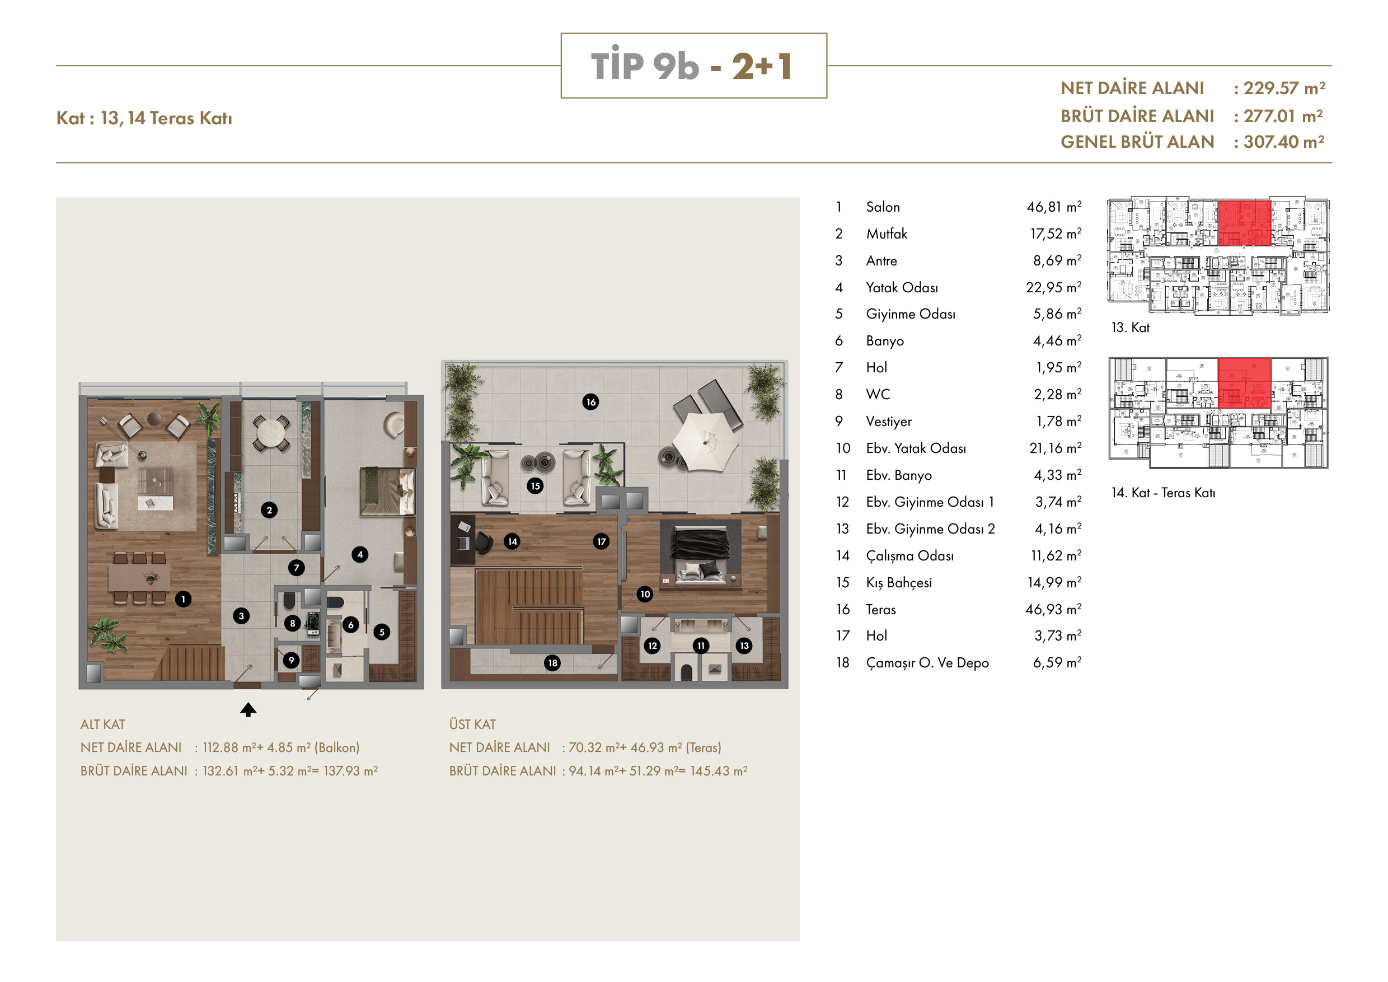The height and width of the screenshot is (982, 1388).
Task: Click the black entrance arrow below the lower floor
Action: click(248, 709)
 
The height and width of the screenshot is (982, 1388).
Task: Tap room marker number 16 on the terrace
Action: click(590, 401)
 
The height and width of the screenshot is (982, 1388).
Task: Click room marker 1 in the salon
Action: click(183, 598)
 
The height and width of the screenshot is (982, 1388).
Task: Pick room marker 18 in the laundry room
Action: click(552, 663)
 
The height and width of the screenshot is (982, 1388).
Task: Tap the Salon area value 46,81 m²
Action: click(1054, 207)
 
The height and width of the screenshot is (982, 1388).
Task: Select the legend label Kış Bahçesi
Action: click(899, 583)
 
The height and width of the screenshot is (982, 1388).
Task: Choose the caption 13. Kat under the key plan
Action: click(1130, 327)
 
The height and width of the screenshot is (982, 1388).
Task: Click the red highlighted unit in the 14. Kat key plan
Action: click(1244, 383)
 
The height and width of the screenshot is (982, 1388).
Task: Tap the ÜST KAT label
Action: click(472, 724)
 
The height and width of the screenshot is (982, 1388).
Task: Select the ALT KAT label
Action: click(103, 724)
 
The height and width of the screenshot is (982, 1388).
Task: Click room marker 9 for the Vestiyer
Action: click(292, 660)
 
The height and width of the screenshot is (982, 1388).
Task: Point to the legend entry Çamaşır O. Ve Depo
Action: click(927, 663)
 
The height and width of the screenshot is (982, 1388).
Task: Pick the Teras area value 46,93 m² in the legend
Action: click(1053, 609)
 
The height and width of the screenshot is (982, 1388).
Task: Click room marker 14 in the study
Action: click(512, 541)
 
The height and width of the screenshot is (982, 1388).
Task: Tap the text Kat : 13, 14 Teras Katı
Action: click(144, 118)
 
